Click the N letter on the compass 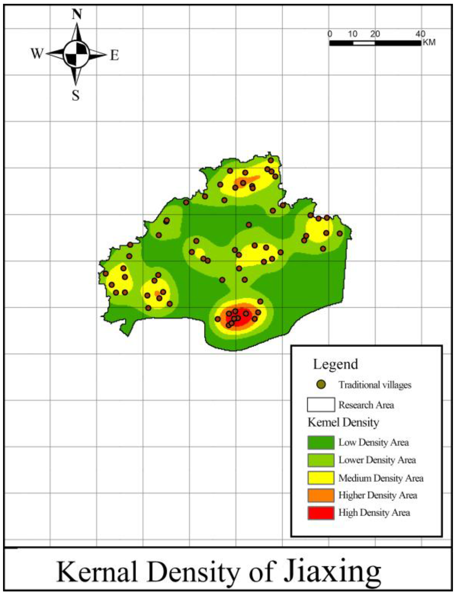(x=77, y=15)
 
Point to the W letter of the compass (x=37, y=54)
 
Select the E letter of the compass (x=115, y=56)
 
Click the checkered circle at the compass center (x=76, y=54)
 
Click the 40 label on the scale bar (x=420, y=34)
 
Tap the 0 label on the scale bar (x=330, y=34)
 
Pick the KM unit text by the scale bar (x=429, y=42)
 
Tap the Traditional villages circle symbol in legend (x=321, y=384)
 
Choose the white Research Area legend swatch (x=321, y=405)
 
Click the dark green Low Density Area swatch (x=321, y=443)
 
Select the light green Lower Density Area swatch (x=321, y=460)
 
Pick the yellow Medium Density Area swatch (x=321, y=478)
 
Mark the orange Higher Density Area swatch (x=321, y=495)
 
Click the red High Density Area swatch (x=321, y=513)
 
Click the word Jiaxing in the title (x=332, y=573)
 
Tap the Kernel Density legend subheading (x=343, y=422)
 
